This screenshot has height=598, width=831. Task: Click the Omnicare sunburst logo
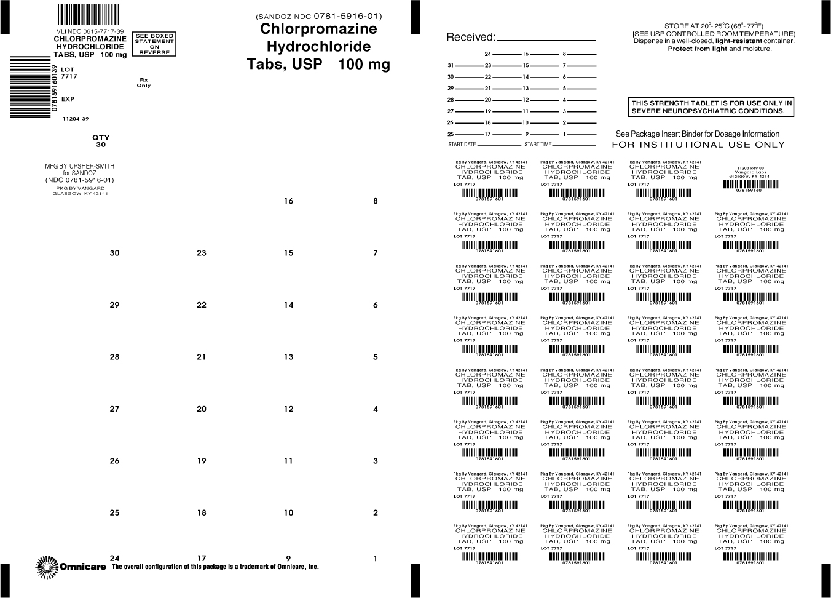coord(47,566)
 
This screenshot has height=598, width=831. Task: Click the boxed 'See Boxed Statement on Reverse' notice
coord(154,44)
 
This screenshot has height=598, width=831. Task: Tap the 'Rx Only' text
coord(144,82)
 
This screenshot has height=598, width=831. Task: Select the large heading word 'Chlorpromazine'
coord(318,29)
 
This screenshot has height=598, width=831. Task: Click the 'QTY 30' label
coord(101,142)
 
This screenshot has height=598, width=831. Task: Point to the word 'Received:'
coord(470,37)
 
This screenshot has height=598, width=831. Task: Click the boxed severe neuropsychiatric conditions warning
coord(711,107)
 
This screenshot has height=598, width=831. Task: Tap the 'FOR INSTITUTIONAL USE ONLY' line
coord(698,145)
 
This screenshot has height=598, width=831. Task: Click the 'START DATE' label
coord(462,145)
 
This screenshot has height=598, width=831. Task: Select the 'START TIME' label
coord(538,145)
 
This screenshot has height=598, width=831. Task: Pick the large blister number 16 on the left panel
coord(289,201)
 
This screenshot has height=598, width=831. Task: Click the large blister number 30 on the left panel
coord(114,253)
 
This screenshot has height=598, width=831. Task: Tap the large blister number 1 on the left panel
coord(376,559)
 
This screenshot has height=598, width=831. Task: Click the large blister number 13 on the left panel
coord(289,357)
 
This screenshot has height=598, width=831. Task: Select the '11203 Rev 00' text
coord(750,167)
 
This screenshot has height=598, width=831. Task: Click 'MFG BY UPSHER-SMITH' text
coord(80,166)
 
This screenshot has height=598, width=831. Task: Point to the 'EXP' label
coord(68,99)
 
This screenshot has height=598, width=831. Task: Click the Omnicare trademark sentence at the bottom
coord(215,567)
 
